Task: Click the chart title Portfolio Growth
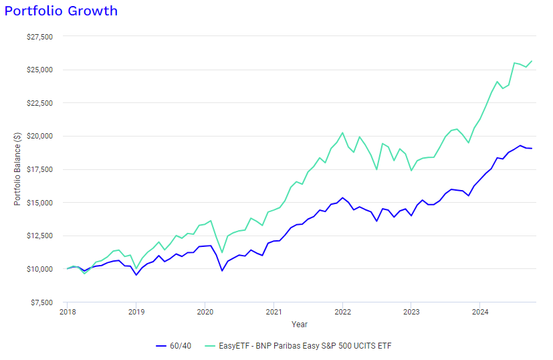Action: click(x=61, y=11)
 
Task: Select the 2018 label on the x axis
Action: click(x=68, y=312)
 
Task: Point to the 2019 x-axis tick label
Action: click(x=136, y=312)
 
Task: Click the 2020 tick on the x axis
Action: click(x=205, y=312)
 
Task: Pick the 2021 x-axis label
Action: click(x=273, y=312)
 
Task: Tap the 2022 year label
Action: click(x=342, y=312)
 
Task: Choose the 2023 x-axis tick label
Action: click(x=411, y=312)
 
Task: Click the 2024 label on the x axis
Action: click(x=479, y=312)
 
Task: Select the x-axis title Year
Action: click(x=300, y=325)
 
